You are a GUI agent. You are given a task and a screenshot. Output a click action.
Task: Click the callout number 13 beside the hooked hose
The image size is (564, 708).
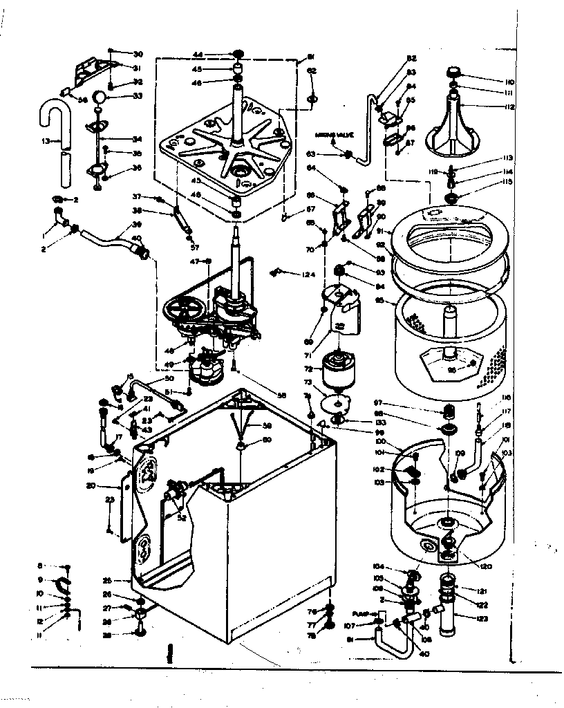tap(46, 141)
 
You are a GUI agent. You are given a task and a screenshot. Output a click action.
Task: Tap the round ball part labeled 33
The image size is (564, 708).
tap(100, 96)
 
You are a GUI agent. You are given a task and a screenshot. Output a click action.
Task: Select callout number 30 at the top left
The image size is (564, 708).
tap(138, 54)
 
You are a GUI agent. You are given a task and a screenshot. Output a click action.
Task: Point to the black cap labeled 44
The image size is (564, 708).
tap(238, 54)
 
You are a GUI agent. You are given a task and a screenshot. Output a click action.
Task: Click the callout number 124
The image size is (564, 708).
tap(308, 274)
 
